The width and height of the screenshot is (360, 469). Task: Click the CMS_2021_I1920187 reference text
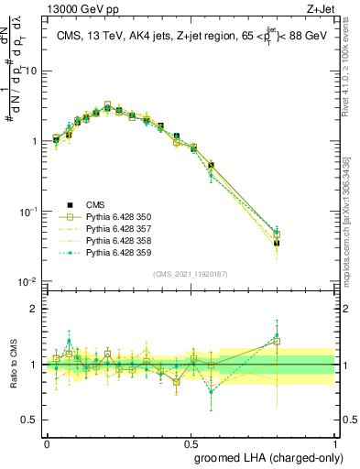190,273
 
